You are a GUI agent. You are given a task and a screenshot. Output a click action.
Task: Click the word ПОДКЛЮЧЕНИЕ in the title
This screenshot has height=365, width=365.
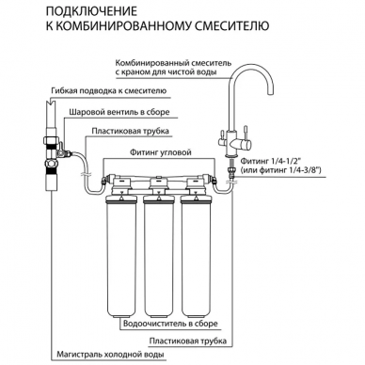[91, 11]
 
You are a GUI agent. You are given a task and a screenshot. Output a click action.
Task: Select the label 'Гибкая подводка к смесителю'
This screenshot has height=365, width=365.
[108, 91]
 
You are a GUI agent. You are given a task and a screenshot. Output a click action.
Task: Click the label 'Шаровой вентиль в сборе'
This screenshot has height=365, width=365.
[119, 112]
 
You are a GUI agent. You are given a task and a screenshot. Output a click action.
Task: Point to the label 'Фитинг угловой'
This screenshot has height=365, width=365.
[161, 152]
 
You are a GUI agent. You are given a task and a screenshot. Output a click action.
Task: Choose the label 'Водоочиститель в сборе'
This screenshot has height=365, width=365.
[170, 324]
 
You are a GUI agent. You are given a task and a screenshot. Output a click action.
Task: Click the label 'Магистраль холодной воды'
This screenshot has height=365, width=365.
[110, 355]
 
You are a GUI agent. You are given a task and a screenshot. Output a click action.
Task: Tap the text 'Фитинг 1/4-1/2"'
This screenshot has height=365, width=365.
[271, 161]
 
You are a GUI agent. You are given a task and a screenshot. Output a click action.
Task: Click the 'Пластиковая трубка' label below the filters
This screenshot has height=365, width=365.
[188, 341]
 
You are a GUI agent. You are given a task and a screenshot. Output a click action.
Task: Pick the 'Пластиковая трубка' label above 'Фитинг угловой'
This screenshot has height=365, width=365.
[130, 131]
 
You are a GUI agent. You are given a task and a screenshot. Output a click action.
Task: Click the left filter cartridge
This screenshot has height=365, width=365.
[121, 256]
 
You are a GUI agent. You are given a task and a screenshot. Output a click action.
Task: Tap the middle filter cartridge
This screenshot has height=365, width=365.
[159, 256]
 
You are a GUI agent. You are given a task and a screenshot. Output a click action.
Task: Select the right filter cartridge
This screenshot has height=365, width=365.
[196, 256]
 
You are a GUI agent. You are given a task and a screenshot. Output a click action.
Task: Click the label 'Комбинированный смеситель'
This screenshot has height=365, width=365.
[173, 63]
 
